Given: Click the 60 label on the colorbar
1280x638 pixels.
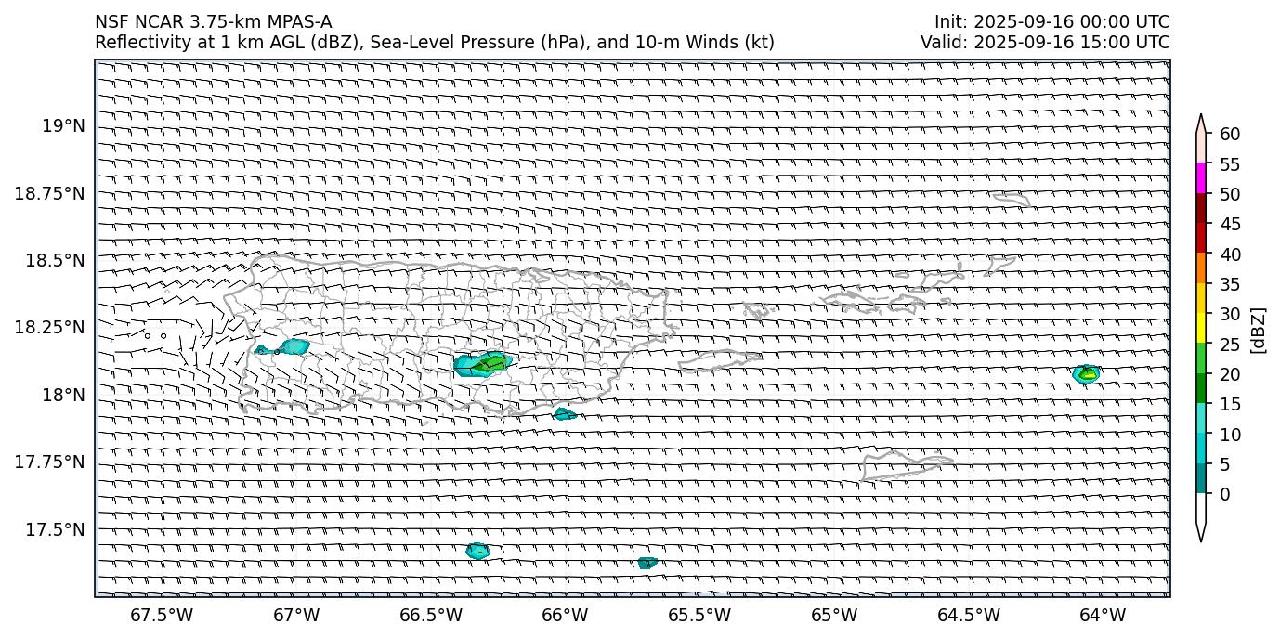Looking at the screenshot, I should click(1230, 135).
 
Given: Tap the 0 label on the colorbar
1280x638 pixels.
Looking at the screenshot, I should click(1225, 494).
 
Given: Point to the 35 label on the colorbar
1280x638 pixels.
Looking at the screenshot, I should click(1230, 284).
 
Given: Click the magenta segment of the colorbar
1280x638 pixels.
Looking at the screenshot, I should click(1201, 178).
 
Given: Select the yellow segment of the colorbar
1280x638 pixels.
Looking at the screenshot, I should click(1201, 328).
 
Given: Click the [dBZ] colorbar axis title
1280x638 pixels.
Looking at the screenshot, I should click(1260, 330).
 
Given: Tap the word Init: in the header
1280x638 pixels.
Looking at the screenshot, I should click(952, 22).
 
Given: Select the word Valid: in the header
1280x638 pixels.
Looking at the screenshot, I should click(942, 42).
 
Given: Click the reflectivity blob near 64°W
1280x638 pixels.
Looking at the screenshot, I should click(1085, 374).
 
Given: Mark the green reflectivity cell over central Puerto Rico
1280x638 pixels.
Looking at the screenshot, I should click(491, 363).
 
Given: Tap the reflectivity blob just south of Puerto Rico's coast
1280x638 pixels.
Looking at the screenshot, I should click(565, 414).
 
